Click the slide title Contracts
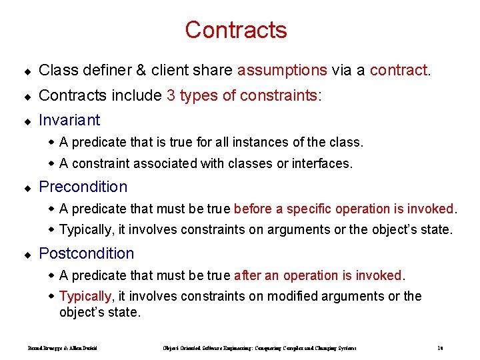coord(236,30)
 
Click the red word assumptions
coord(282,71)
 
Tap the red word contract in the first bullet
coord(399,71)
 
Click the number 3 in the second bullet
coord(171,95)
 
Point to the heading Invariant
coord(69,120)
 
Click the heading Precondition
coord(83,187)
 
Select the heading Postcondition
coord(87,253)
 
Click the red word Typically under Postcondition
coord(85,296)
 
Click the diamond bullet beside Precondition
coord(27,187)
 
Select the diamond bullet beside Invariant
coord(27,121)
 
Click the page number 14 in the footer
coord(441,347)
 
